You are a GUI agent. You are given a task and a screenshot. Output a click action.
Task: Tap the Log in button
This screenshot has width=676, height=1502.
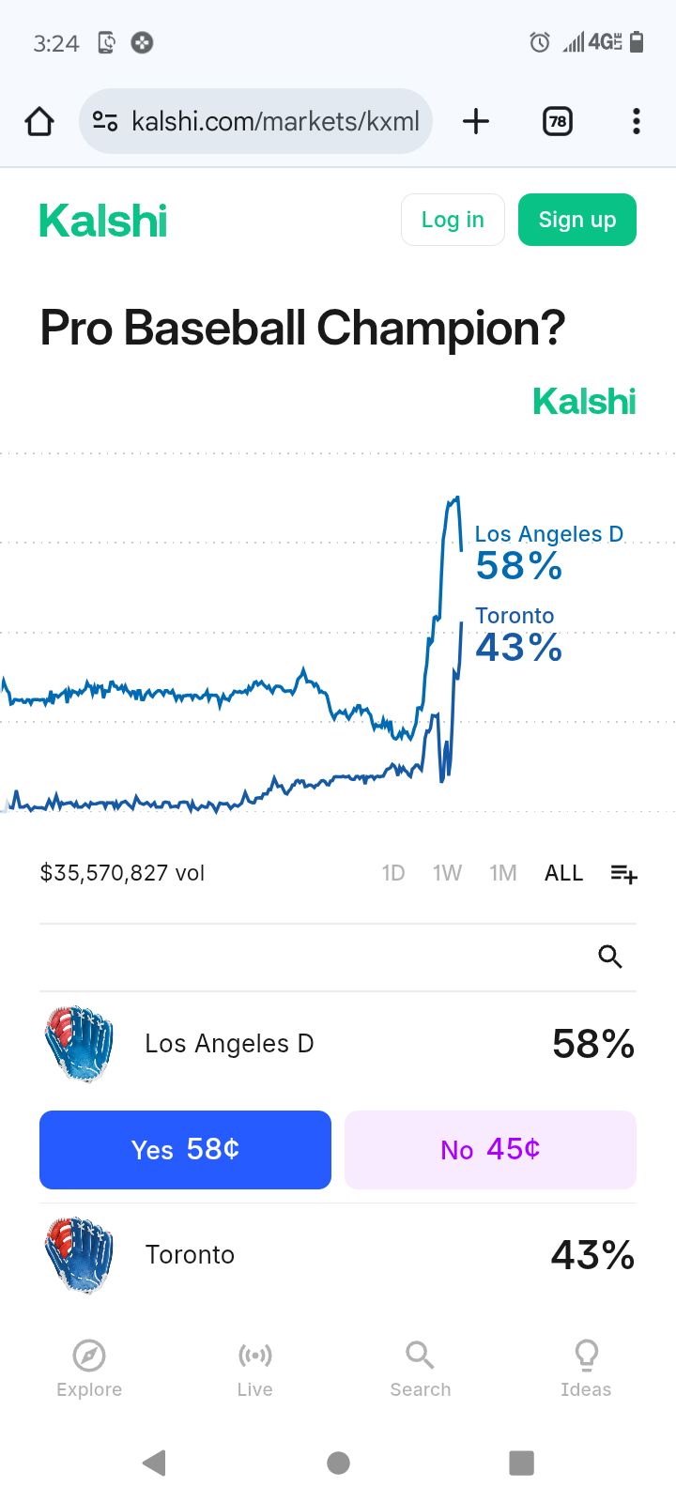(x=453, y=220)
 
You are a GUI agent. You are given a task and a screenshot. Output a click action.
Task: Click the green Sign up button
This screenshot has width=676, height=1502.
(x=576, y=220)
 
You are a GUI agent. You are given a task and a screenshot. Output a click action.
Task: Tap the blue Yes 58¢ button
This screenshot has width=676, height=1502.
(x=185, y=1150)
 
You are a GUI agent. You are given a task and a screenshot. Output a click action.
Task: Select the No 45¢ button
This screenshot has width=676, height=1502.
(x=490, y=1150)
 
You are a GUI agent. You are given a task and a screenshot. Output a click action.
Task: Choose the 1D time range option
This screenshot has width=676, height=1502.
(x=393, y=873)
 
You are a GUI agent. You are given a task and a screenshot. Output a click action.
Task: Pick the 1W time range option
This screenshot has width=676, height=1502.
(x=447, y=873)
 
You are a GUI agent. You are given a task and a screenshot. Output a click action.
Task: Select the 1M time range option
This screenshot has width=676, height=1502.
(x=503, y=873)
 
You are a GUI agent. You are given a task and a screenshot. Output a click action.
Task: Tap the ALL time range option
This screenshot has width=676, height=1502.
(x=563, y=873)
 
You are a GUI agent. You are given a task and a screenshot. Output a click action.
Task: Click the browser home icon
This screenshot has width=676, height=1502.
(x=39, y=121)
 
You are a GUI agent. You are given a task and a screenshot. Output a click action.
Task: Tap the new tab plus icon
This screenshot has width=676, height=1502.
(x=476, y=121)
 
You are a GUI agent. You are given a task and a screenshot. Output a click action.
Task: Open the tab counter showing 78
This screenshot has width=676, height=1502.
(x=558, y=121)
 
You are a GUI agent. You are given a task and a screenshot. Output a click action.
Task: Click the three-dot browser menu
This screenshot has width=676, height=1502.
(x=637, y=121)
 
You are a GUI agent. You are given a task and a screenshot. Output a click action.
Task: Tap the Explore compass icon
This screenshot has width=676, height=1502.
(x=89, y=1356)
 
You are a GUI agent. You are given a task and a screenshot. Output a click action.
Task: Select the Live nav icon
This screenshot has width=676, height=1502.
(x=254, y=1356)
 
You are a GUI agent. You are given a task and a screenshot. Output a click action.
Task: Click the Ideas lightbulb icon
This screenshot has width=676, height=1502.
(x=586, y=1356)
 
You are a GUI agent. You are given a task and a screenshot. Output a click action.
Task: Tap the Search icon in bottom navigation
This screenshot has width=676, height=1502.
(x=420, y=1356)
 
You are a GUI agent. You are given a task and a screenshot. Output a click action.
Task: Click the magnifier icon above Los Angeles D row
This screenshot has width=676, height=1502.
(x=610, y=957)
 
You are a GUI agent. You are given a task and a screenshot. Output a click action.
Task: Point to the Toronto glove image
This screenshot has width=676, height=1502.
(x=79, y=1255)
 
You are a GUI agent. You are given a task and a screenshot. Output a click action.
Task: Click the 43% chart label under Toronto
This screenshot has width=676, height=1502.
(x=518, y=648)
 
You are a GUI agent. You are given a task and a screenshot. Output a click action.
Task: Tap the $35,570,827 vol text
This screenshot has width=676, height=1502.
(x=122, y=873)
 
